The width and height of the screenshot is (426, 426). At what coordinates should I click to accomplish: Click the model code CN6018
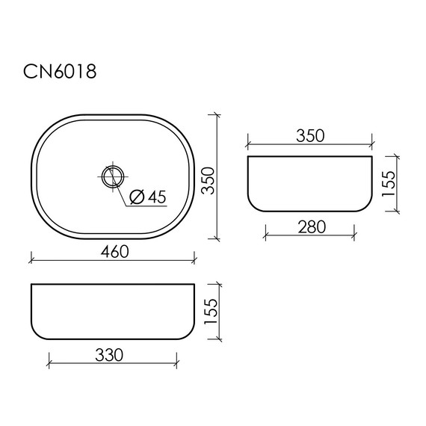pos(58,72)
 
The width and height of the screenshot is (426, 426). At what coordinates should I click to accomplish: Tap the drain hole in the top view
pos(111,176)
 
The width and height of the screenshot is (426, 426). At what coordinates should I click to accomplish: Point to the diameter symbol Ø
pos(136,197)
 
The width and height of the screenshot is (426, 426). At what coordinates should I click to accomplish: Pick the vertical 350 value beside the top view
pos(215,179)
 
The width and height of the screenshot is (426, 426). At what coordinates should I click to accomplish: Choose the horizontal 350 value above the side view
pos(309,135)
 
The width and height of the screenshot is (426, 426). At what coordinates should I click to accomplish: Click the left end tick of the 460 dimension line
pos(32,261)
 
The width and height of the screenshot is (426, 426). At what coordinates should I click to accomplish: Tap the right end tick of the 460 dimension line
pos(195,261)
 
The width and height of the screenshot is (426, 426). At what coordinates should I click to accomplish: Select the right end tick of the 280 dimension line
pos(353,237)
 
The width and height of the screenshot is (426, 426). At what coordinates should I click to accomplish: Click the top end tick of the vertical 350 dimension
pos(216,115)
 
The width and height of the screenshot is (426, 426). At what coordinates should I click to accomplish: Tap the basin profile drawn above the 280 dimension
pos(309,183)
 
